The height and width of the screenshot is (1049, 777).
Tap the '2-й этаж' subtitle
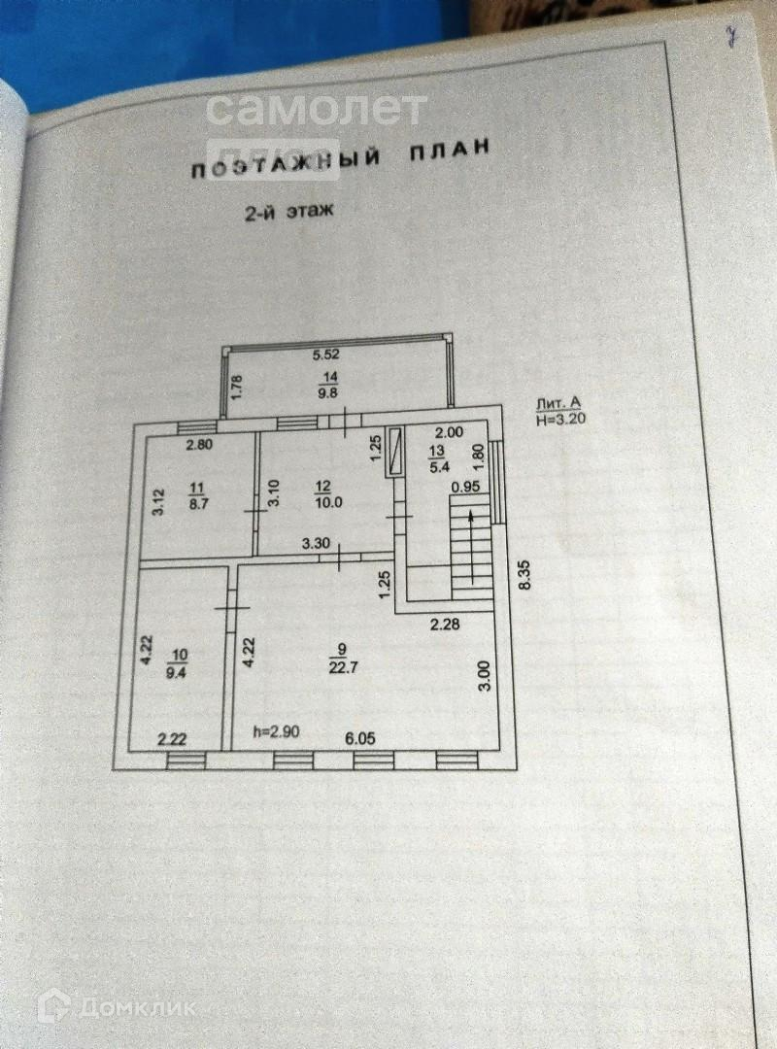click(x=287, y=216)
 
